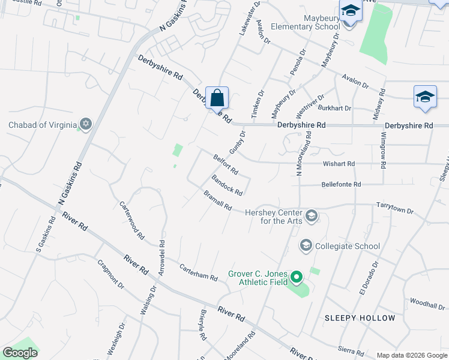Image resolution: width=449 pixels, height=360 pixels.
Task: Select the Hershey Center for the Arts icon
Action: click(311, 215)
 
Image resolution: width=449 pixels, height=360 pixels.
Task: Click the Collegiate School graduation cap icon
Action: click(306, 245)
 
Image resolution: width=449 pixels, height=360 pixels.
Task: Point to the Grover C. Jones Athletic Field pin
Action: click(296, 278)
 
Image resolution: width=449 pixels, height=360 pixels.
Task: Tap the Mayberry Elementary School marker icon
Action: click(349, 11)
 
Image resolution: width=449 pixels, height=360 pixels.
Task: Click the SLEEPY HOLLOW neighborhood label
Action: click(360, 317)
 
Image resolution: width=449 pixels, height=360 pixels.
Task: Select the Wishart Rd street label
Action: click(339, 163)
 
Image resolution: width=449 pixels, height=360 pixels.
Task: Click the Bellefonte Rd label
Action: click(341, 184)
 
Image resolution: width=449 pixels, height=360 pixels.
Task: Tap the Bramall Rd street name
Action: click(217, 201)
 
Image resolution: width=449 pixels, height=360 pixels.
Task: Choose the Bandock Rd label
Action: click(227, 185)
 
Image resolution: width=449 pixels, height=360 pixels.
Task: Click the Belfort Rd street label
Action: click(226, 164)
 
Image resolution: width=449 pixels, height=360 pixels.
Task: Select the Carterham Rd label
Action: click(198, 272)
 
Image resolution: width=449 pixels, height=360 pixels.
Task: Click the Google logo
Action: click(20, 353)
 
